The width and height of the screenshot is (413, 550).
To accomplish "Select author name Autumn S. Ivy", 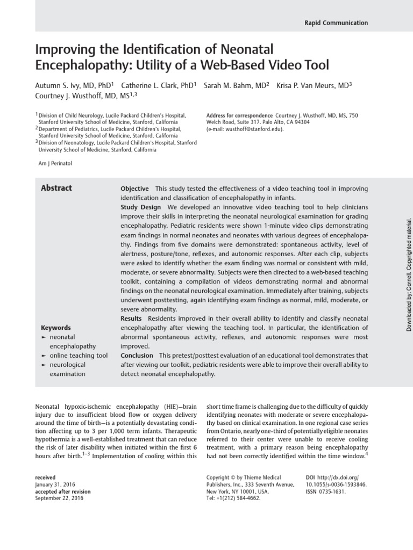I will click(x=63, y=86).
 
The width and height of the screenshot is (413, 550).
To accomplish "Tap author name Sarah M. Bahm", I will click(x=236, y=86).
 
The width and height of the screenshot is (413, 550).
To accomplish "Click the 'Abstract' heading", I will click(x=56, y=188).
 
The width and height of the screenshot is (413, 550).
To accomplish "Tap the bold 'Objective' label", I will click(x=134, y=189).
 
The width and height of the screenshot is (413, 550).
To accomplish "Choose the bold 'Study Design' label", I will click(x=141, y=207).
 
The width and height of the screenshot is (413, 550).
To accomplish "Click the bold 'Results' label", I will click(x=132, y=319).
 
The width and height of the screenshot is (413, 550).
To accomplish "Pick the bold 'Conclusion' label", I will click(x=137, y=356).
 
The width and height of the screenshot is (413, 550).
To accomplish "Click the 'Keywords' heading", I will click(x=55, y=328).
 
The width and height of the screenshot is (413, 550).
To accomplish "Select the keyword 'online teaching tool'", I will click(x=79, y=356).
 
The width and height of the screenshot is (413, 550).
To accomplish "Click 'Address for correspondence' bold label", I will click(x=239, y=115).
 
